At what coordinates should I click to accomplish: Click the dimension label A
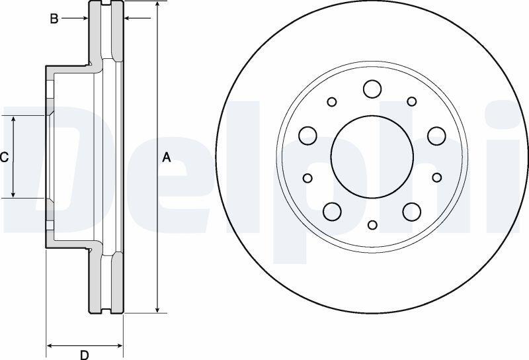(167, 157)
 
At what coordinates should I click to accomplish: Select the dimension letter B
(54, 19)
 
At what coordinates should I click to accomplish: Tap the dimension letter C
(4, 157)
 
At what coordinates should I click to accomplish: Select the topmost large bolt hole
(372, 89)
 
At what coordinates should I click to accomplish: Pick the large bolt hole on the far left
(307, 136)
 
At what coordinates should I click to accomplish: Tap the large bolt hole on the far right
(436, 136)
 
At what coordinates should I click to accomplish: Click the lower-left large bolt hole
(333, 211)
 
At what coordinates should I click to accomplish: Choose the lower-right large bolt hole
(412, 211)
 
